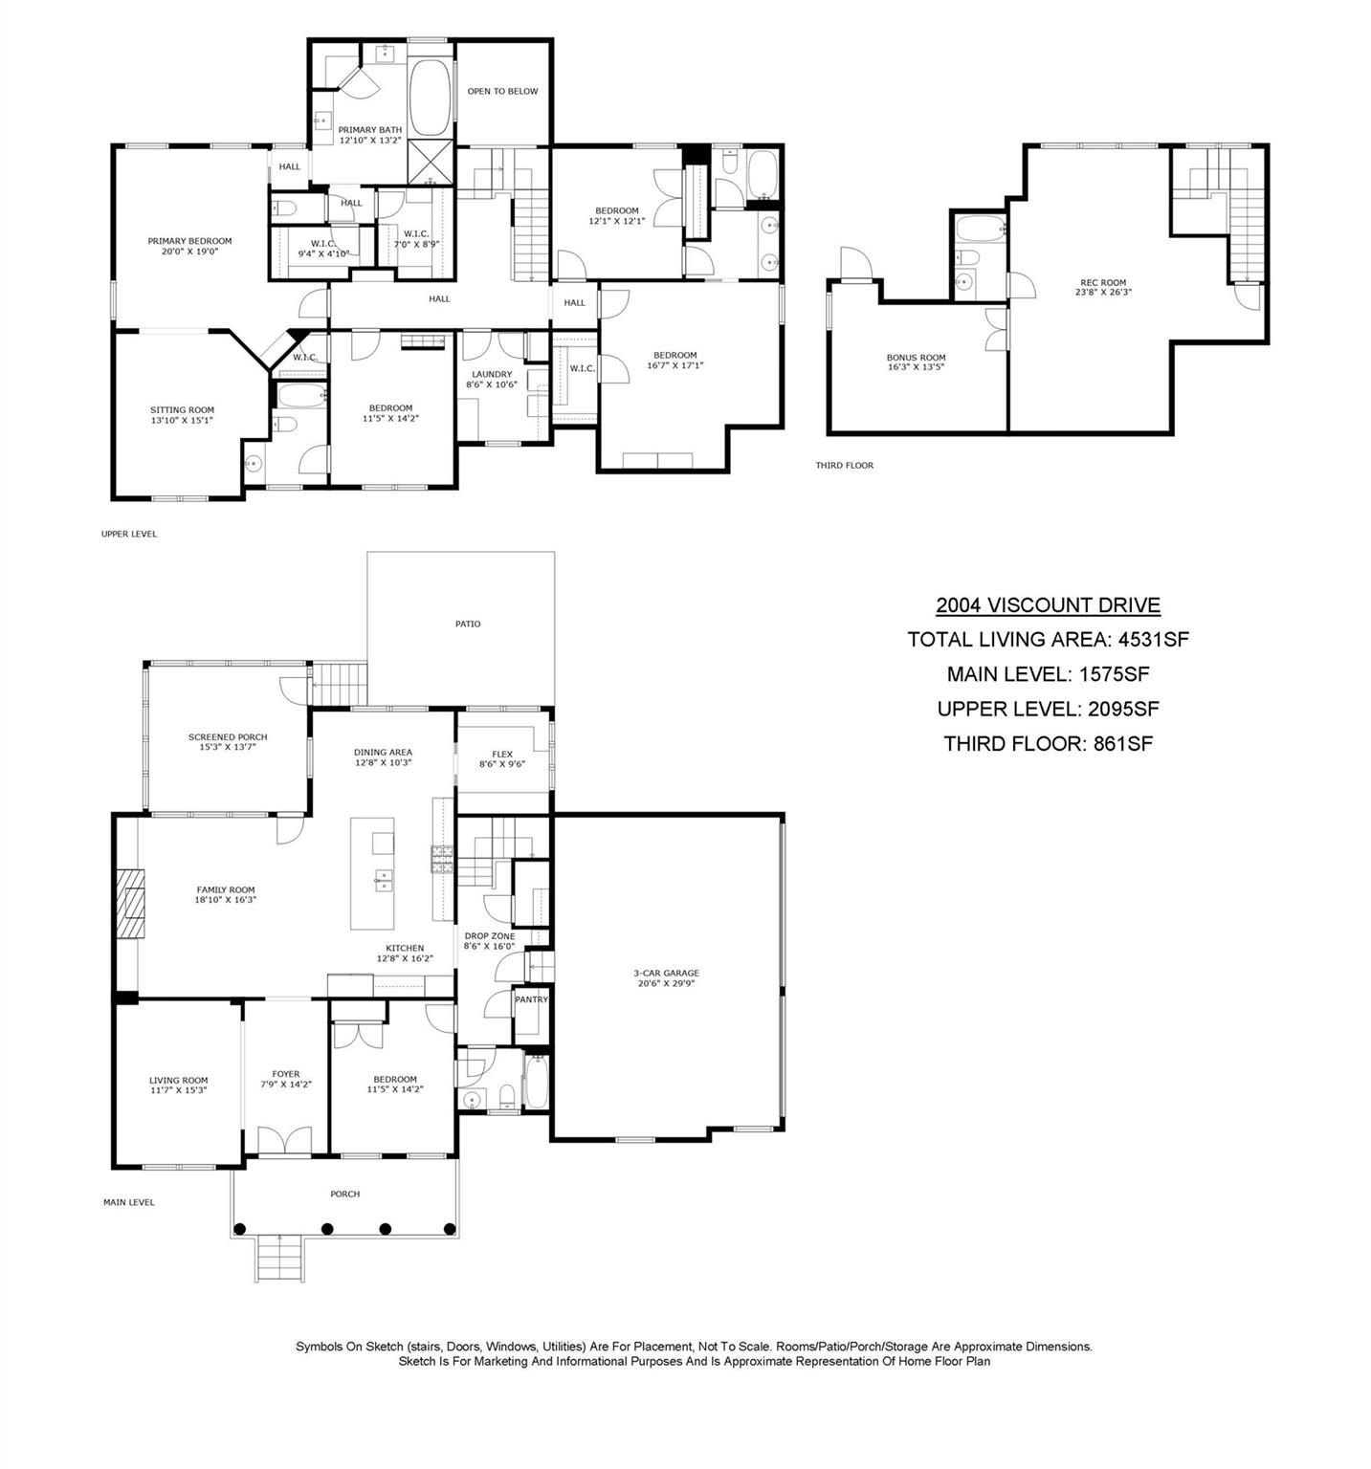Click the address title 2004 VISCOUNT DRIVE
(1048, 604)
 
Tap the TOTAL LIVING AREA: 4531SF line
(1048, 639)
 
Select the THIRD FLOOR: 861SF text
(1048, 743)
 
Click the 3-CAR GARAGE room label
(668, 973)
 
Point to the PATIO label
(468, 624)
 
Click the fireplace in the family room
(129, 902)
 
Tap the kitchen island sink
(383, 879)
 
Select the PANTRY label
(531, 999)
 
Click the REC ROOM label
(1103, 282)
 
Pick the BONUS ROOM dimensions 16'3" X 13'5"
(916, 366)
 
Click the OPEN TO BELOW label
(502, 91)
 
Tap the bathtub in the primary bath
(430, 99)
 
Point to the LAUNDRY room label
(492, 374)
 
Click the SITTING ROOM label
(182, 409)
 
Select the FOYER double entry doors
(285, 1141)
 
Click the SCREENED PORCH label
(228, 736)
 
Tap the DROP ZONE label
(490, 935)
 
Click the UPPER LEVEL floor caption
(129, 534)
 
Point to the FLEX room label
(502, 754)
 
